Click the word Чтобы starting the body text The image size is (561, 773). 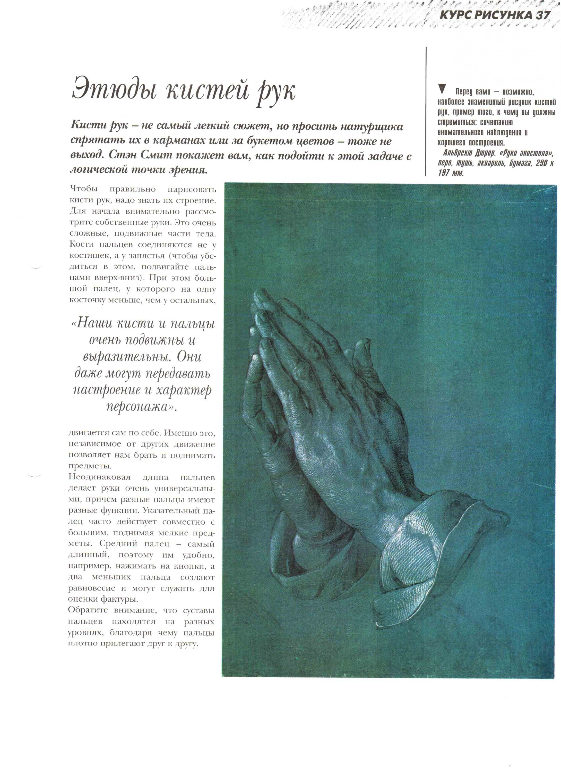(83, 189)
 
